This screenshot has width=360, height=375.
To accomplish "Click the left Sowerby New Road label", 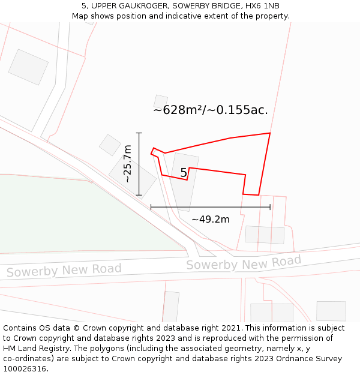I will pyautogui.click(x=64, y=270).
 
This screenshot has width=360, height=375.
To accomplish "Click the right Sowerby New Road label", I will pyautogui.click(x=244, y=263).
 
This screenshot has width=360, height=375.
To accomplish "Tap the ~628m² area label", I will pyautogui.click(x=211, y=110).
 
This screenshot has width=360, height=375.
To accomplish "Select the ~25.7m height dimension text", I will pyautogui.click(x=127, y=164).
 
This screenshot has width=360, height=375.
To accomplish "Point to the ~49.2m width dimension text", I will pyautogui.click(x=210, y=220).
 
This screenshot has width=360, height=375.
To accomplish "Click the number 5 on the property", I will pyautogui.click(x=184, y=173).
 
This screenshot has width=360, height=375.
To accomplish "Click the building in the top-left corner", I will pyautogui.click(x=28, y=67).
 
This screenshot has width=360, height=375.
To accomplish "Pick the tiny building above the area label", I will pyautogui.click(x=160, y=101).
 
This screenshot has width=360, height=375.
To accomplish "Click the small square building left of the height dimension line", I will pyautogui.click(x=110, y=145).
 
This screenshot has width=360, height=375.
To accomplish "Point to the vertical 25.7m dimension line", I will pyautogui.click(x=139, y=164).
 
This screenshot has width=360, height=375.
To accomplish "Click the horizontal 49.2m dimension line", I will pyautogui.click(x=210, y=207).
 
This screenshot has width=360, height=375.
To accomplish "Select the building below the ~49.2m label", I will pyautogui.click(x=265, y=235).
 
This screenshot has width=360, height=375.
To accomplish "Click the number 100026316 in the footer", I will pyautogui.click(x=24, y=368).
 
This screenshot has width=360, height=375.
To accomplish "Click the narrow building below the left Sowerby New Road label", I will pyautogui.click(x=171, y=307).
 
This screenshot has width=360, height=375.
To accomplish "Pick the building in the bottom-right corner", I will pyautogui.click(x=331, y=311).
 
